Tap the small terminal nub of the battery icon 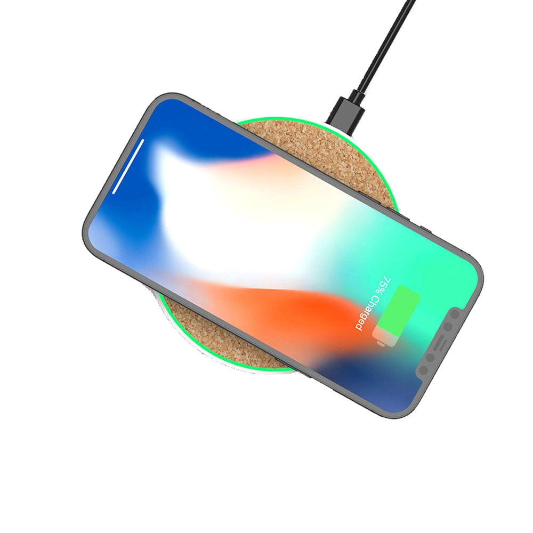[381, 344]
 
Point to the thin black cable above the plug [385, 46]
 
